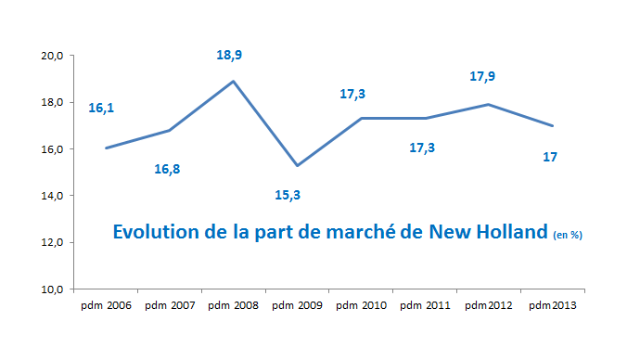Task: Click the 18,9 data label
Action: coord(229,56)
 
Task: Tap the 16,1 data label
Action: coord(101,109)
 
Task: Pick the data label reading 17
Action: coord(550,157)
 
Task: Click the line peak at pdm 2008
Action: coord(233,81)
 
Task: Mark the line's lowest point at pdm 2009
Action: coord(296,165)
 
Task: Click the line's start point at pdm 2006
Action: coord(107,148)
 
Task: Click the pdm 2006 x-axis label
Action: coord(106,304)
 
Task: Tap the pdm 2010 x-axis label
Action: coord(360,304)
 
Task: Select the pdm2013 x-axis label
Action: coord(550,304)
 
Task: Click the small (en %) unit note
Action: coord(567,236)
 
